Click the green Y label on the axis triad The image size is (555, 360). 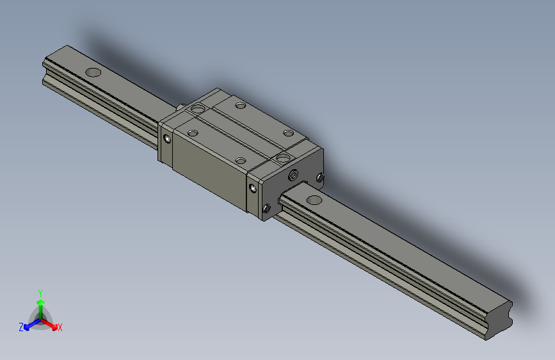click(x=40, y=292)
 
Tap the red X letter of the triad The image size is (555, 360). click(x=60, y=328)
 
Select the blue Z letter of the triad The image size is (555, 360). click(x=21, y=327)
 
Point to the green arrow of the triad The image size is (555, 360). click(x=40, y=304)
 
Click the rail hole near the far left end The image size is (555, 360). click(x=93, y=72)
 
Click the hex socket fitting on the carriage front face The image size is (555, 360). click(x=294, y=175)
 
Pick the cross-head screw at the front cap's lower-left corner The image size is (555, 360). click(x=267, y=207)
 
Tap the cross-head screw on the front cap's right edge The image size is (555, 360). click(x=320, y=177)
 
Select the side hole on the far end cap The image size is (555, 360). click(x=168, y=138)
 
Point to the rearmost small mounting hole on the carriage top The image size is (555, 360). click(x=240, y=106)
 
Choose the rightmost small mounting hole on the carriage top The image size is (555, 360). click(x=288, y=133)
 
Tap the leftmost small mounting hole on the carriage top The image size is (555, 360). click(x=192, y=133)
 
